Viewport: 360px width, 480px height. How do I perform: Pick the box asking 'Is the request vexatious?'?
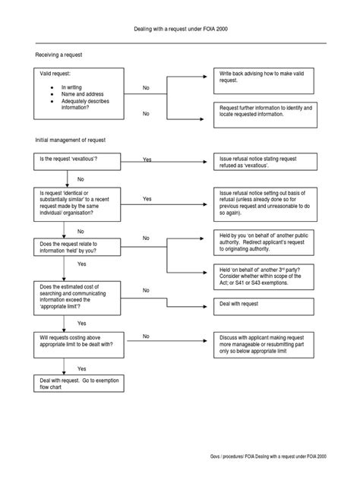75,161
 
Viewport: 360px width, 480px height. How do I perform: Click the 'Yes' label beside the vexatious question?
147,160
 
